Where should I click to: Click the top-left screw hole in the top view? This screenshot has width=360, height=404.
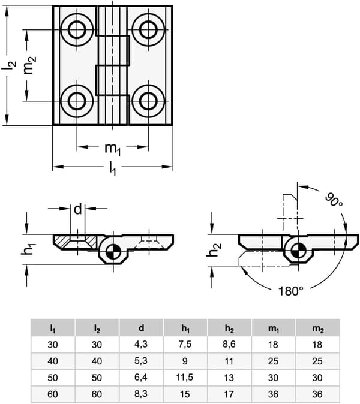tap(77, 30)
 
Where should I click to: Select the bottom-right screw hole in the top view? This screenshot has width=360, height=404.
tap(148, 101)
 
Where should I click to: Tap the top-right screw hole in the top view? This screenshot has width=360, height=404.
tap(148, 30)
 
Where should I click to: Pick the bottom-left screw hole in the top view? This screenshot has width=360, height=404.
tap(77, 101)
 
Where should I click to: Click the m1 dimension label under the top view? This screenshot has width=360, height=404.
tap(112, 149)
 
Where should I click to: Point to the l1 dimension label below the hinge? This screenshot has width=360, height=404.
tap(113, 168)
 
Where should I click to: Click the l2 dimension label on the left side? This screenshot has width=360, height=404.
tap(9, 65)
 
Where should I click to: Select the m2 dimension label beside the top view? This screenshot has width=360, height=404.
tap(29, 65)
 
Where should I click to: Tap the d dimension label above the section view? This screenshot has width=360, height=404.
tap(78, 209)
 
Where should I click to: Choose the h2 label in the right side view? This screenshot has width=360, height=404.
tap(214, 250)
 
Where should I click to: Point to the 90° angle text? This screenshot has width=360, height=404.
tap(334, 200)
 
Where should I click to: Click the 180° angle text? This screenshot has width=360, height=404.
tap(290, 291)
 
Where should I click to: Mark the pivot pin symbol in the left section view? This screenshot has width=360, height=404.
tap(113, 251)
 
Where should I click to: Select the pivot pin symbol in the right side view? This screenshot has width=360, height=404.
tap(299, 250)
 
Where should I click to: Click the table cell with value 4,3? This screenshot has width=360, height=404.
tap(141, 345)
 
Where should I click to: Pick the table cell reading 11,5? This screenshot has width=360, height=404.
tap(185, 378)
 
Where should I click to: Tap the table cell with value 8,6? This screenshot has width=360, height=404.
tap(229, 345)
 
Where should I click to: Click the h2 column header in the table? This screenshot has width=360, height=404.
tap(229, 328)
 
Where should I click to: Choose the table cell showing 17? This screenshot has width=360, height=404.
tap(229, 394)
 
